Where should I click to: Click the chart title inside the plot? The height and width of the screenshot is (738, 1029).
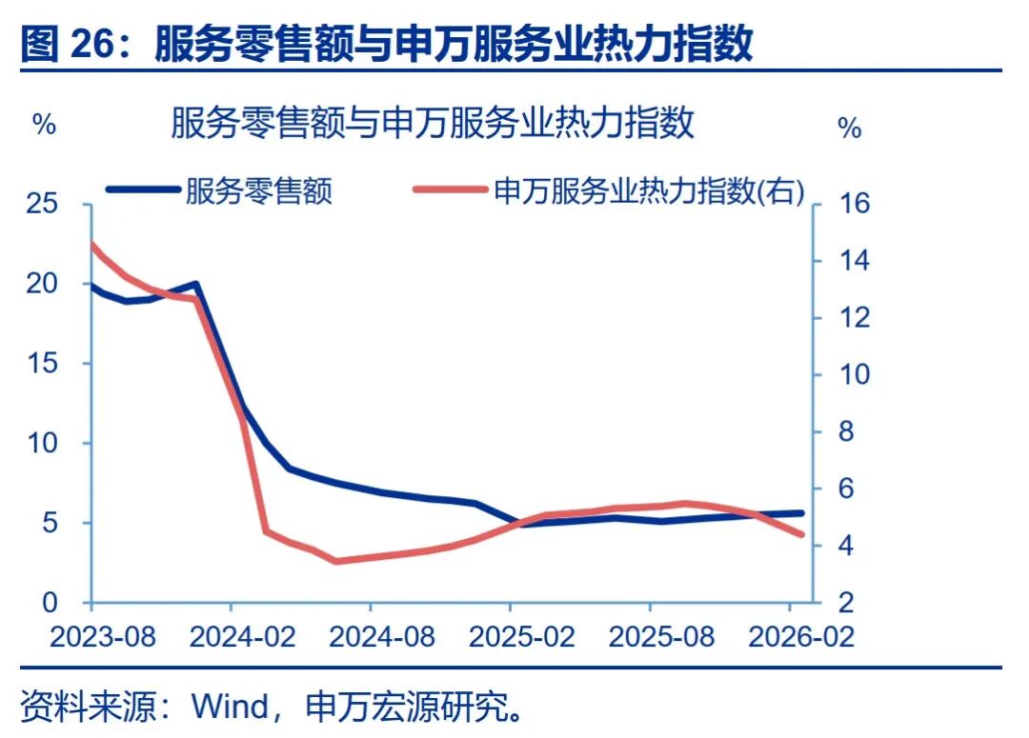point(433,124)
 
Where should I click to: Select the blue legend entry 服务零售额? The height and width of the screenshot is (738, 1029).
point(259,191)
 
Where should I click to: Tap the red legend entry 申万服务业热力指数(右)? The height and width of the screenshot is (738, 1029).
point(649,191)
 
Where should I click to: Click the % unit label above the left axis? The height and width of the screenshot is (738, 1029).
point(45,125)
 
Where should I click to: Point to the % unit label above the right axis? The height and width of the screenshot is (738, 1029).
point(849,128)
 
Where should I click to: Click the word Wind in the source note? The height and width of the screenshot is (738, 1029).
point(231,707)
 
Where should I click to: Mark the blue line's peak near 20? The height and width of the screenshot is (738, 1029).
point(194,284)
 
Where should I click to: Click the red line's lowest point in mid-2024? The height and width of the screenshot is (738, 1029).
point(335,561)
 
